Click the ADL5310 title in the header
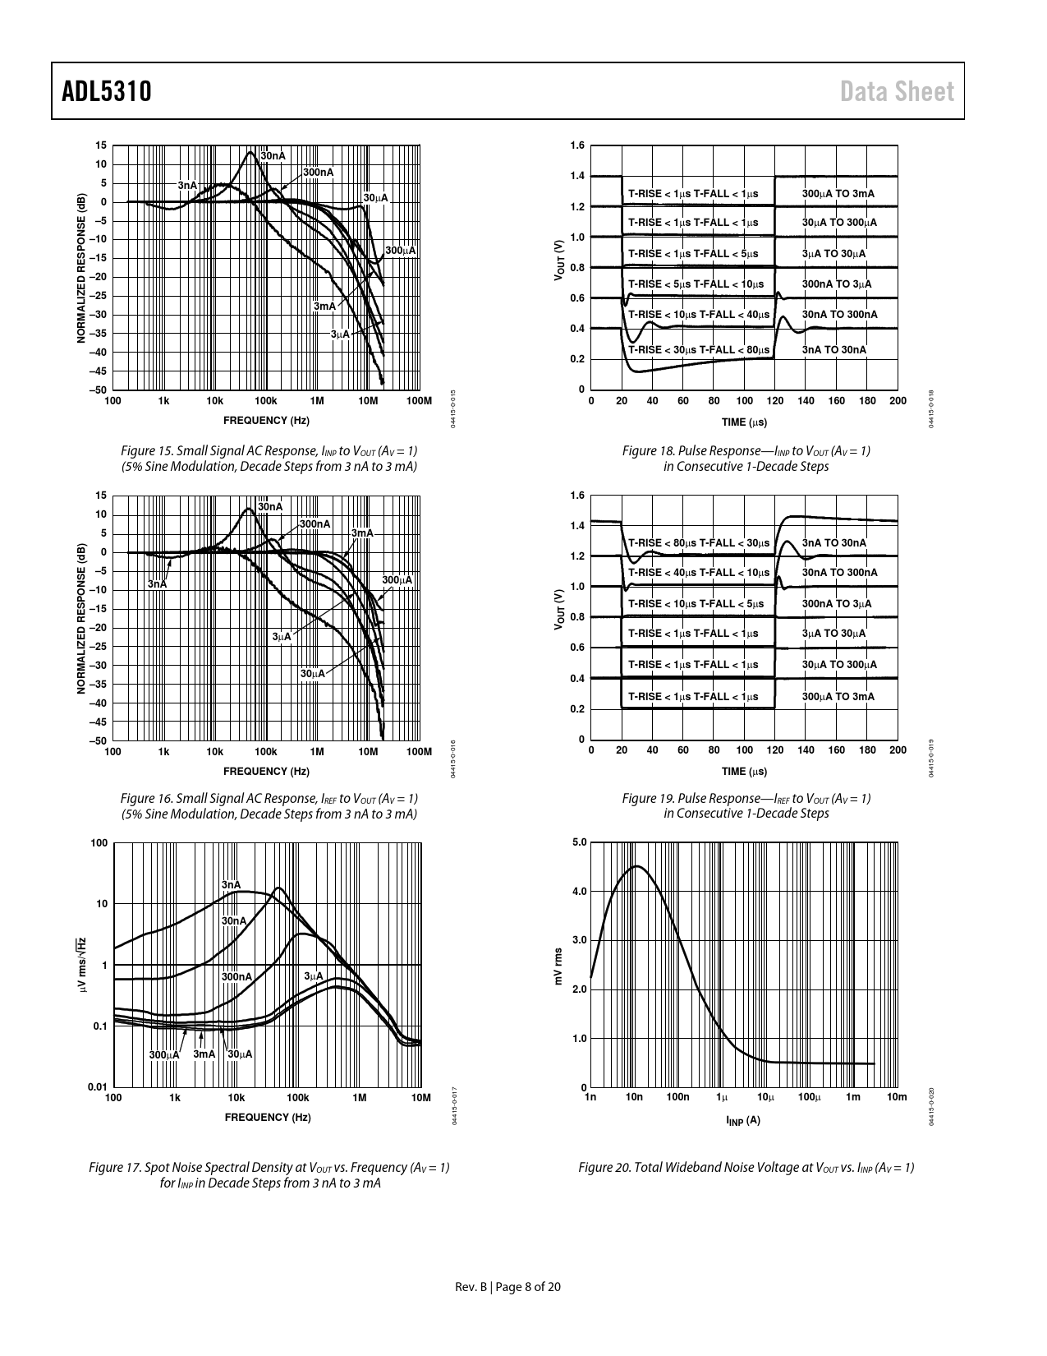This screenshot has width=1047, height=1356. (107, 91)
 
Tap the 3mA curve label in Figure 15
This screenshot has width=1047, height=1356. (324, 307)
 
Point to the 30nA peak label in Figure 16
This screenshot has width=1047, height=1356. (270, 507)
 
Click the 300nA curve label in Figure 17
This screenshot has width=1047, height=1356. (236, 976)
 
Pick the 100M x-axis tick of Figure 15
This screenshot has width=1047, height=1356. (419, 401)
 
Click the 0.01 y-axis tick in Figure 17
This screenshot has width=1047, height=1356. (98, 1087)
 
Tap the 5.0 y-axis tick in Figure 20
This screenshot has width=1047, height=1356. (579, 842)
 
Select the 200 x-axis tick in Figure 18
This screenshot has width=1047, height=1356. (898, 401)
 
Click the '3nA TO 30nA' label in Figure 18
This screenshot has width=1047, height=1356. (833, 350)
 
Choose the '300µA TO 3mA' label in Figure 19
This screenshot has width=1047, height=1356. (838, 697)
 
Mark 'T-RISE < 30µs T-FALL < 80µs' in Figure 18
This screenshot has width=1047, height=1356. (693, 350)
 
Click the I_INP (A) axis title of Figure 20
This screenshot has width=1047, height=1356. (743, 1121)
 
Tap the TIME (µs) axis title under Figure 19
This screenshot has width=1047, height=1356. (744, 772)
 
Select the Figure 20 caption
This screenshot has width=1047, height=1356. (746, 1168)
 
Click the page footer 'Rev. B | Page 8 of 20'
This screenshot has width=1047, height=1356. (508, 1287)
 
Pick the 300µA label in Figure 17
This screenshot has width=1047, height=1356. (164, 1054)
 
